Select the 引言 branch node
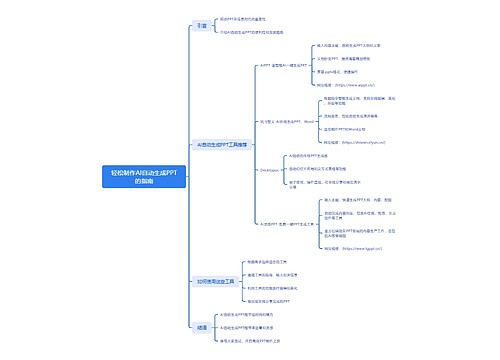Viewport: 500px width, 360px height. click(202, 26)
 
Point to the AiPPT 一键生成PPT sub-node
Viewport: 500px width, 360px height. click(281, 65)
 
